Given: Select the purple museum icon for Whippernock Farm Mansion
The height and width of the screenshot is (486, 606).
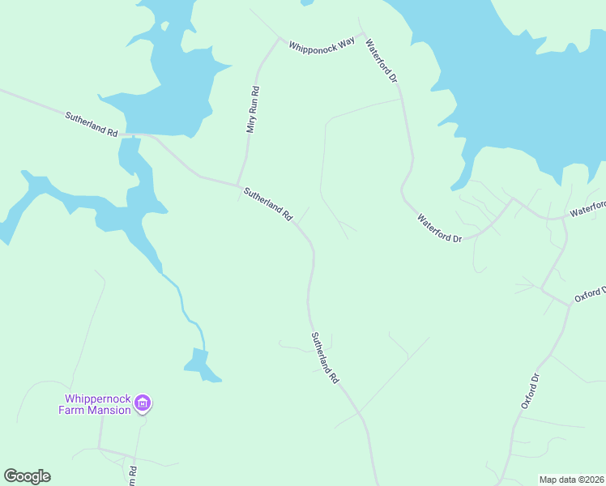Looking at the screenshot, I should click(143, 403).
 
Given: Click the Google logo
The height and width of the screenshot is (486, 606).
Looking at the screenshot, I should click(27, 476).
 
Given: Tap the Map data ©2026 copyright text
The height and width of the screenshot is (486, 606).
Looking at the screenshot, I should click(570, 480).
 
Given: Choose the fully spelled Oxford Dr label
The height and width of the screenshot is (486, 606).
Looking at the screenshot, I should click(530, 390).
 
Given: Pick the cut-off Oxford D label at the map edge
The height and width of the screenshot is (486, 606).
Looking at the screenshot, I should click(590, 293).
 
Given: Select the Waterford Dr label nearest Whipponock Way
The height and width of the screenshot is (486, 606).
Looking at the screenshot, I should click(382, 62).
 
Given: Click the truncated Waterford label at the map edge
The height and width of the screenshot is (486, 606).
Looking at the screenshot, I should click(587, 209).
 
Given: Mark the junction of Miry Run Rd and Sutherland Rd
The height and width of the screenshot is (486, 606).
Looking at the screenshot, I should click(237, 183).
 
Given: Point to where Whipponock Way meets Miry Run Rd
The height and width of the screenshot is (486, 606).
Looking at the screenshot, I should click(280, 39).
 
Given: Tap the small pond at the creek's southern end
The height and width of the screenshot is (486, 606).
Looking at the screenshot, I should click(200, 364).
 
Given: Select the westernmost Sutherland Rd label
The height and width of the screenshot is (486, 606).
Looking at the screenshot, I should click(92, 124).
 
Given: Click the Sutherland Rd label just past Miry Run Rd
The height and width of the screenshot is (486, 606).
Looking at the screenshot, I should click(267, 204).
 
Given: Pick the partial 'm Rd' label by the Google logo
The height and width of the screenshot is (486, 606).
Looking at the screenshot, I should click(130, 471).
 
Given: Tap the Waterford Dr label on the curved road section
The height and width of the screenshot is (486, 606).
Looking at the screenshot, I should click(440, 228).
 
